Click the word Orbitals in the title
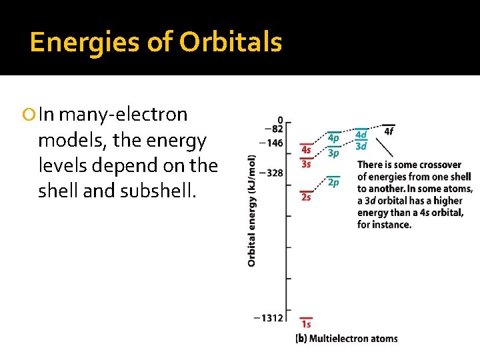(x=230, y=43)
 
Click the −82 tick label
(x=274, y=129)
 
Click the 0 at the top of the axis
(x=280, y=120)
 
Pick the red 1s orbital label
(x=306, y=325)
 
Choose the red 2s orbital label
(x=306, y=197)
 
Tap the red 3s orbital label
(x=306, y=164)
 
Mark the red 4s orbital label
(x=306, y=151)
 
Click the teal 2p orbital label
(x=333, y=182)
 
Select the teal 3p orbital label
(x=333, y=153)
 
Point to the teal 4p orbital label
(x=333, y=138)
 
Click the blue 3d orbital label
(x=361, y=146)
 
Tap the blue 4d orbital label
(x=361, y=135)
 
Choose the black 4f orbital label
(x=389, y=131)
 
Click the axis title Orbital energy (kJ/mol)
(x=251, y=211)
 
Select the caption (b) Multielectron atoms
(x=346, y=339)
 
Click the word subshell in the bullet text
(x=162, y=191)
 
